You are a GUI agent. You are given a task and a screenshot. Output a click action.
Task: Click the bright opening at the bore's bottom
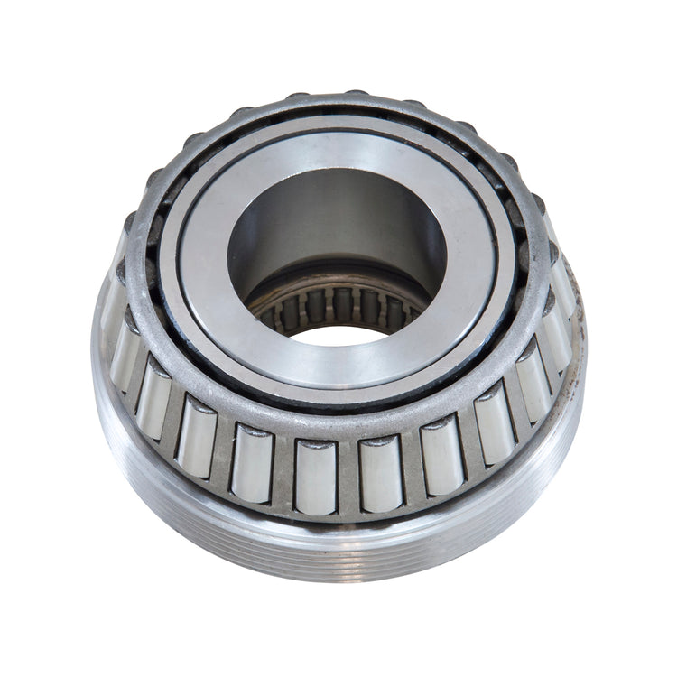pyautogui.click(x=338, y=335)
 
